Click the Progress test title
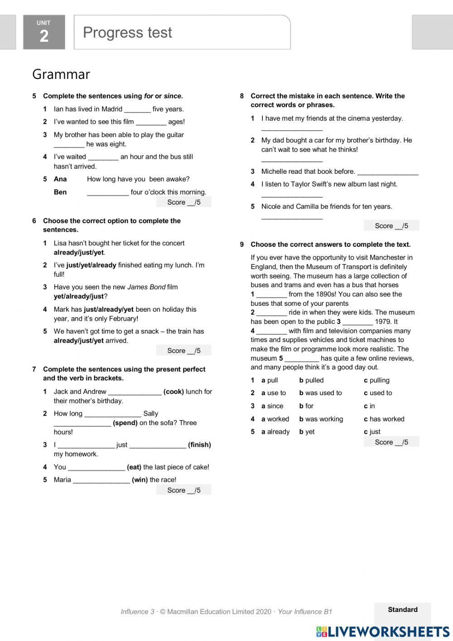[127, 33]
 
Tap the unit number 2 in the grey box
[44, 36]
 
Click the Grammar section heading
[61, 74]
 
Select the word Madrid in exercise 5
[111, 109]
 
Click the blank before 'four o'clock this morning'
[108, 192]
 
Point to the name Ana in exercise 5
[60, 179]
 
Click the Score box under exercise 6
[183, 351]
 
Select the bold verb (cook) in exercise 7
[173, 391]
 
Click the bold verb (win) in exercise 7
[140, 480]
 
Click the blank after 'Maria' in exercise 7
[101, 480]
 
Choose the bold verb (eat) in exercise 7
[134, 467]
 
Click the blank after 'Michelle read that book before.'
[388, 172]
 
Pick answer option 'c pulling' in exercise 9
[376, 381]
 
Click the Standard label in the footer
[403, 610]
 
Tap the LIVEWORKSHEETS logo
[383, 631]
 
